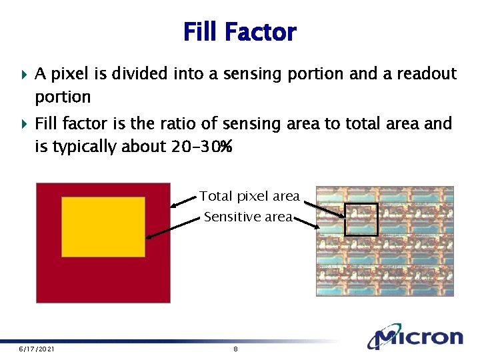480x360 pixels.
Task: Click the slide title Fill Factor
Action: point(239,31)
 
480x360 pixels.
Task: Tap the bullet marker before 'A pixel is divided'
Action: point(25,74)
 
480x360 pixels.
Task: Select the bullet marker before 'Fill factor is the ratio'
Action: point(25,124)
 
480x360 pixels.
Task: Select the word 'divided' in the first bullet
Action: point(140,73)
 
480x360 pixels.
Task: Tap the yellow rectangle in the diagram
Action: point(103,227)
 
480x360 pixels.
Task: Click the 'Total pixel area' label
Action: point(249,196)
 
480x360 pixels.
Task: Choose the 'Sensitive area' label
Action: point(248,217)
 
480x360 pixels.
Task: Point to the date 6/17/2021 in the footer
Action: point(37,349)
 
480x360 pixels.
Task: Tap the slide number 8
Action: point(236,349)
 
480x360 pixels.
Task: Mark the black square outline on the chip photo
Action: point(361,220)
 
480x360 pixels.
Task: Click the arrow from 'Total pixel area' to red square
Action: point(184,201)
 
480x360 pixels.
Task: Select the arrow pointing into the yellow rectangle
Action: point(173,227)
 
